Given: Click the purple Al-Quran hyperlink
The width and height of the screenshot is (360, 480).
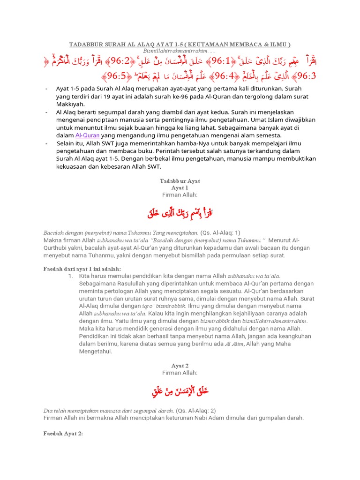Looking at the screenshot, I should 88,135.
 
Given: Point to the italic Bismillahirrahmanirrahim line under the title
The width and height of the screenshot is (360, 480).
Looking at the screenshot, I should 180,51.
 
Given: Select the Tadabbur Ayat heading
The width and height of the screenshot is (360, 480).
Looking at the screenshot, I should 180,180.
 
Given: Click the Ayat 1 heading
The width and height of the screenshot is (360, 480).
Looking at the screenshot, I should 180,187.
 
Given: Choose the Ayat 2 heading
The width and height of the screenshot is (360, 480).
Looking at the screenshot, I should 180,365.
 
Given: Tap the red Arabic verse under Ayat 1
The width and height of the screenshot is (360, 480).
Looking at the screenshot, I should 180,214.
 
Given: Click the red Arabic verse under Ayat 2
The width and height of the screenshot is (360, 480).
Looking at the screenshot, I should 180,391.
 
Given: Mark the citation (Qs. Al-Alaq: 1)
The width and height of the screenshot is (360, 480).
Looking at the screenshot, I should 220,232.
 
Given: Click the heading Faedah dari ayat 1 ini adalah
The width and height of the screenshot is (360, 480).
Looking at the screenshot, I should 82,269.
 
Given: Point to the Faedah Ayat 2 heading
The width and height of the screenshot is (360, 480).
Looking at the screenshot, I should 63,434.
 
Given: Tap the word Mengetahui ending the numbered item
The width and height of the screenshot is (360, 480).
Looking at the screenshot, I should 96,351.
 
